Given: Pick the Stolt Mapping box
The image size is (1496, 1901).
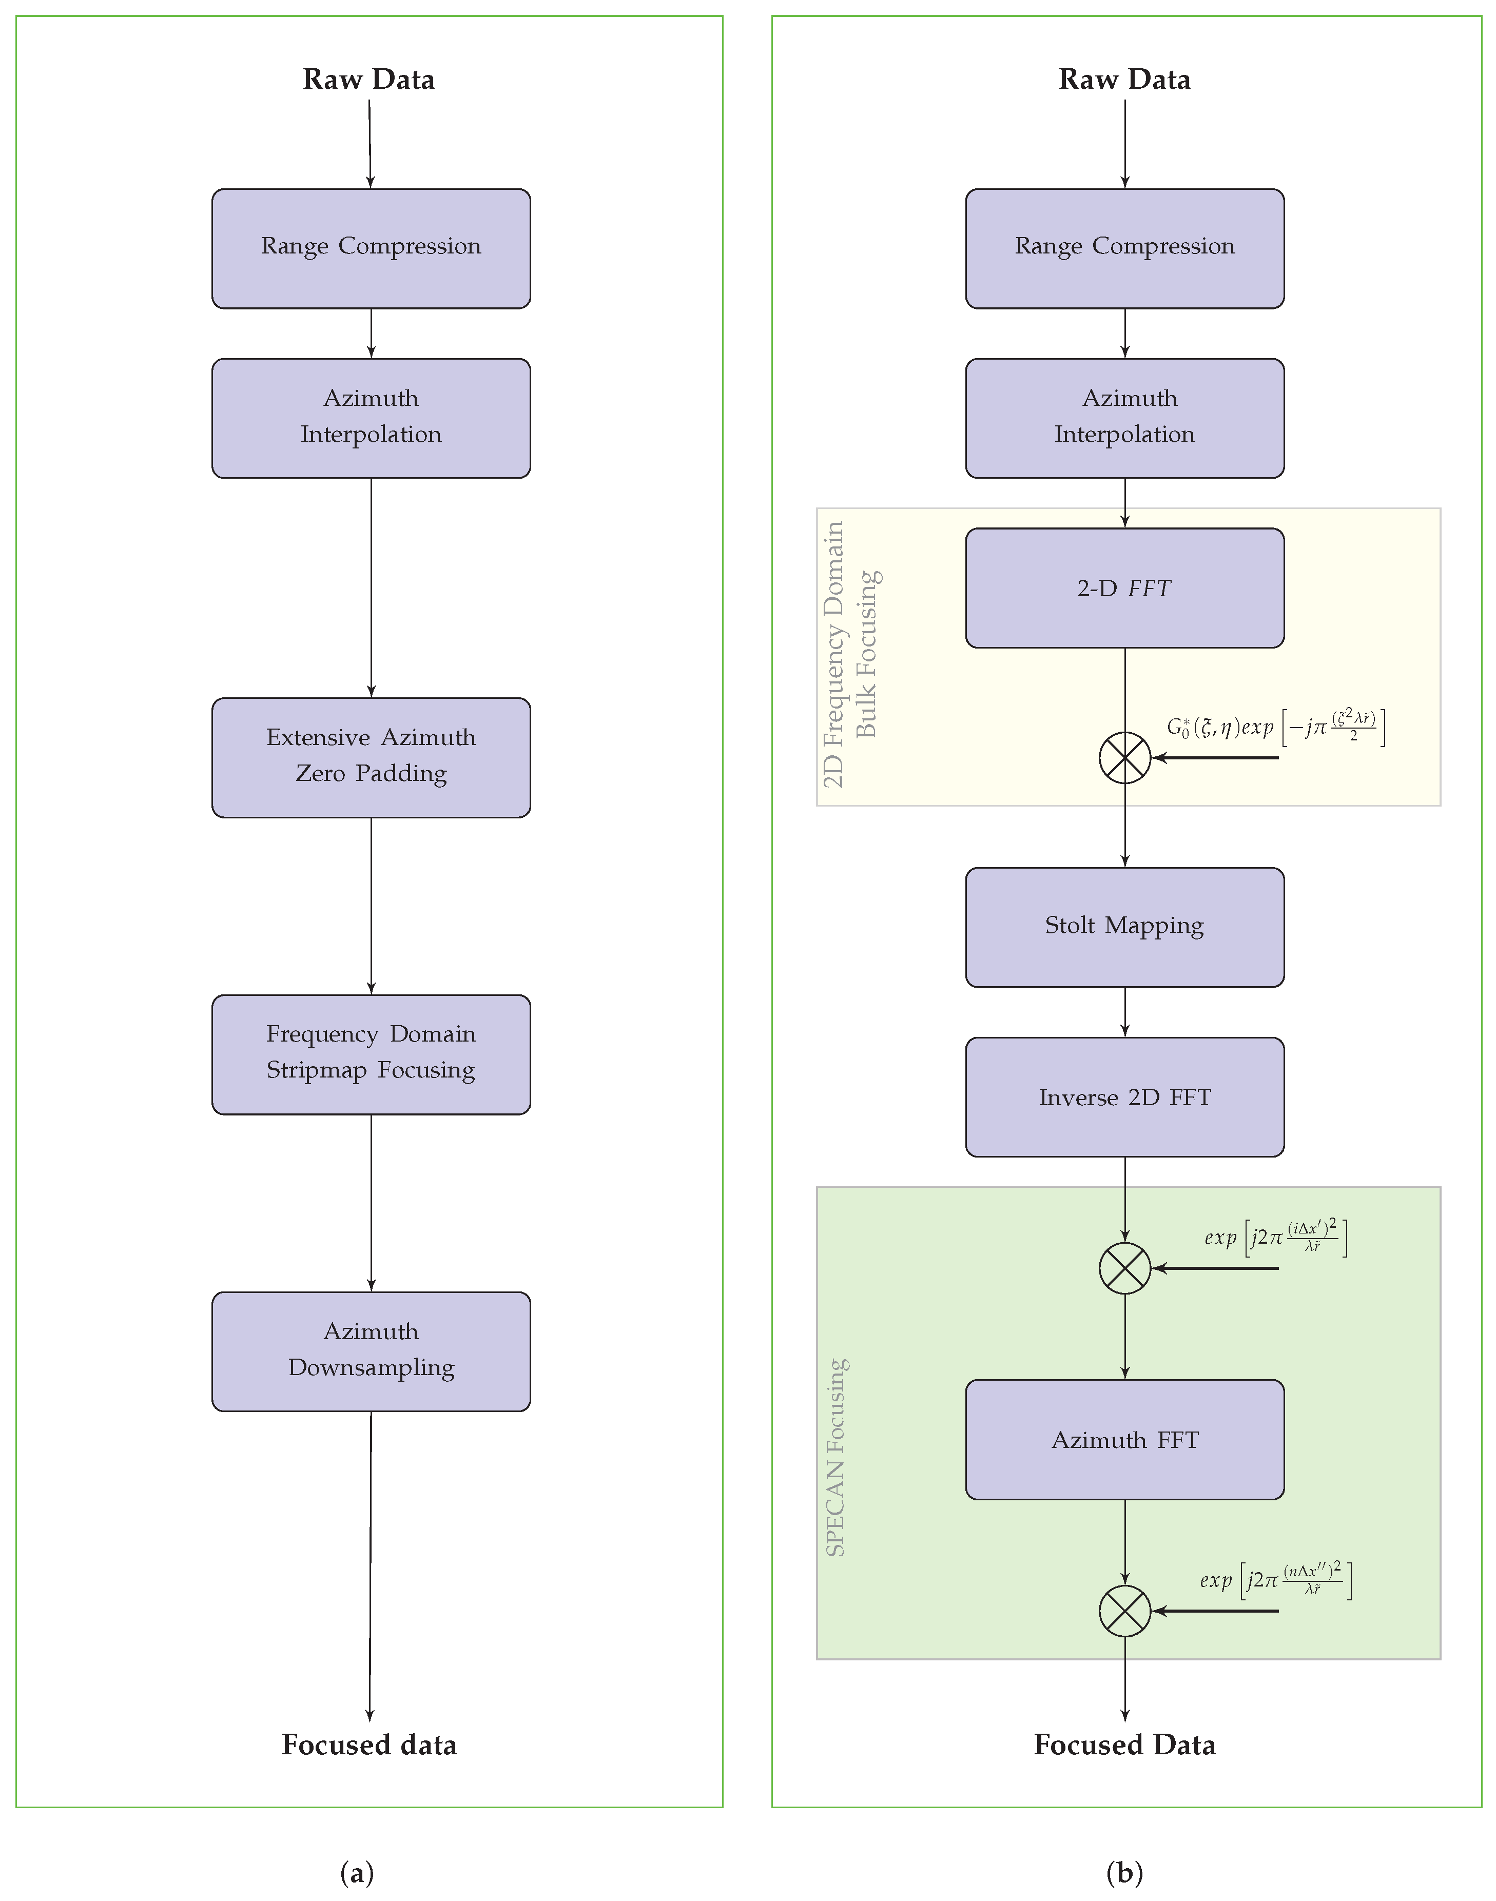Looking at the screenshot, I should coord(1124,927).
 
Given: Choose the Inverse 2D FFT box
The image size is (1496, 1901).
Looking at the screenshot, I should coord(1124,1097).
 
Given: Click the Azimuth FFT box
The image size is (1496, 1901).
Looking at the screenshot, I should coord(1124,1440).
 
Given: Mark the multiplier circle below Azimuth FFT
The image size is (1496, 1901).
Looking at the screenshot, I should coord(1124,1610).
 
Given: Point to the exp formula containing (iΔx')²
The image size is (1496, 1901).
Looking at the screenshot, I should coord(1275,1237).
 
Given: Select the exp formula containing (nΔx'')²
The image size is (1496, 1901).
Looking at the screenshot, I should coord(1275,1580).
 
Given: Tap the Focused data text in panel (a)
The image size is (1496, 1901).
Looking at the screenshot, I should coord(369,1745).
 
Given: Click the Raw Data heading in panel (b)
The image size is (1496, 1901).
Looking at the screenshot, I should coord(1124,80).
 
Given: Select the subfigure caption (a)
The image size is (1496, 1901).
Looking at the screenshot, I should coord(357,1872).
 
